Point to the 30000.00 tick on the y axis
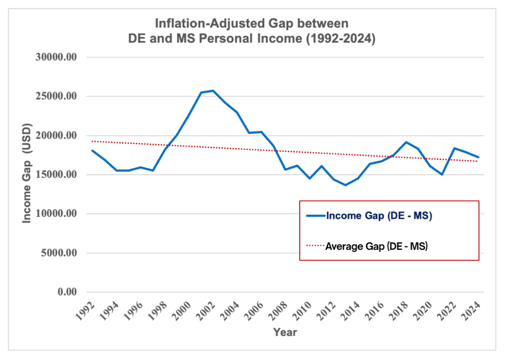tap(56, 57)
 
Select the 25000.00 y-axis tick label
tap(56, 97)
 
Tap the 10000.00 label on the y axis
tap(56, 214)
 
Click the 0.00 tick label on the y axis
tap(66, 292)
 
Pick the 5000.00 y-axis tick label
tap(58, 253)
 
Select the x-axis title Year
tap(285, 332)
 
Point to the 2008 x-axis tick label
tap(279, 311)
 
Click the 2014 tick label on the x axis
tap(351, 311)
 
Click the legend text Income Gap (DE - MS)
tap(379, 216)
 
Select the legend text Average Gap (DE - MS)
tap(376, 247)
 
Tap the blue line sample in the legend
tap(315, 216)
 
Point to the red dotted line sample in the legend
tap(315, 247)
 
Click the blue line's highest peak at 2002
tap(213, 91)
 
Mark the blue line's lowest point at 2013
tap(346, 185)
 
